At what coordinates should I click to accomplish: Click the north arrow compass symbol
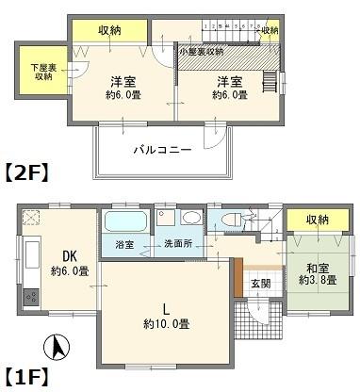[57, 348]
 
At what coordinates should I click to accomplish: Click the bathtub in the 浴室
[123, 223]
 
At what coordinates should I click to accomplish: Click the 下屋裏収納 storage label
[41, 71]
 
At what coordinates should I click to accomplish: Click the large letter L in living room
[166, 307]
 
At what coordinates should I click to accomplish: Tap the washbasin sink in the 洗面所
[191, 218]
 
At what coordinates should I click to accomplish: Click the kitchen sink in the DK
[28, 254]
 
